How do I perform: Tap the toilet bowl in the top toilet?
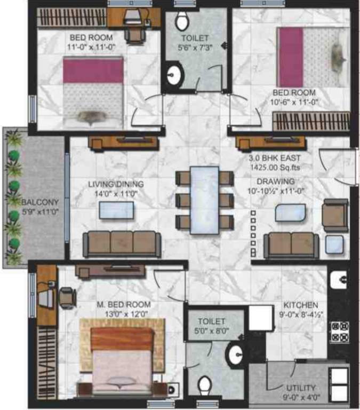[x=182, y=21]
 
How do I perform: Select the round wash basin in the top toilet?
[x=173, y=76]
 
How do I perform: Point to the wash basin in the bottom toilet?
[x=235, y=353]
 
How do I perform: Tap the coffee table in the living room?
[x=116, y=210]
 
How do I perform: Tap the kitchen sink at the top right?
[x=338, y=278]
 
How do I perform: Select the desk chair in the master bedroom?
[x=67, y=296]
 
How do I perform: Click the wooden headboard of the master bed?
[x=122, y=338]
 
